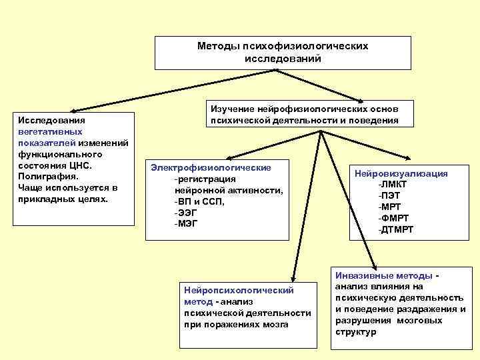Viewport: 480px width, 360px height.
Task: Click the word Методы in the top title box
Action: coord(215,47)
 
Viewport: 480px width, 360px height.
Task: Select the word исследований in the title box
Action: coord(283,59)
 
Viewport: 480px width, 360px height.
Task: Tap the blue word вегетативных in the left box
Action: coord(47,132)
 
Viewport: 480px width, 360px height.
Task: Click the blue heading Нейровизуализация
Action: coord(402,173)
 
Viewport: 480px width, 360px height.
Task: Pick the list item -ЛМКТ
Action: coord(394,185)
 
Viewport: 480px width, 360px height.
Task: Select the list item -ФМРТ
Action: coord(393,218)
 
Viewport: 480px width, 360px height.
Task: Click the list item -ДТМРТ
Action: coord(395,229)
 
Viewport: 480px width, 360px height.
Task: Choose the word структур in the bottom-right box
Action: coord(355,331)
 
